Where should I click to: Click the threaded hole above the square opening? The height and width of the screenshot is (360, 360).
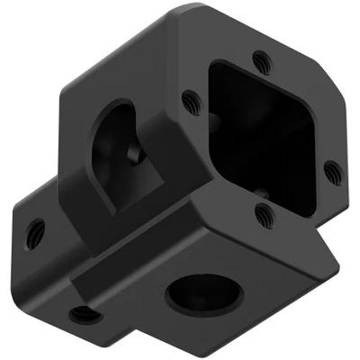262,62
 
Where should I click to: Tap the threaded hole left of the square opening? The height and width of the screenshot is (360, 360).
190,101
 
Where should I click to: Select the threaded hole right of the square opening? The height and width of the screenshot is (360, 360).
331,168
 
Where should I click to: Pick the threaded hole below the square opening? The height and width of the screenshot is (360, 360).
263,213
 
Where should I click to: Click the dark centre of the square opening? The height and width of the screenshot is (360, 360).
261,135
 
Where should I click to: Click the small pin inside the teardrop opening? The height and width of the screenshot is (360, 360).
135,155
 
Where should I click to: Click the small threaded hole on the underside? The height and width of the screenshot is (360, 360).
85,313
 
